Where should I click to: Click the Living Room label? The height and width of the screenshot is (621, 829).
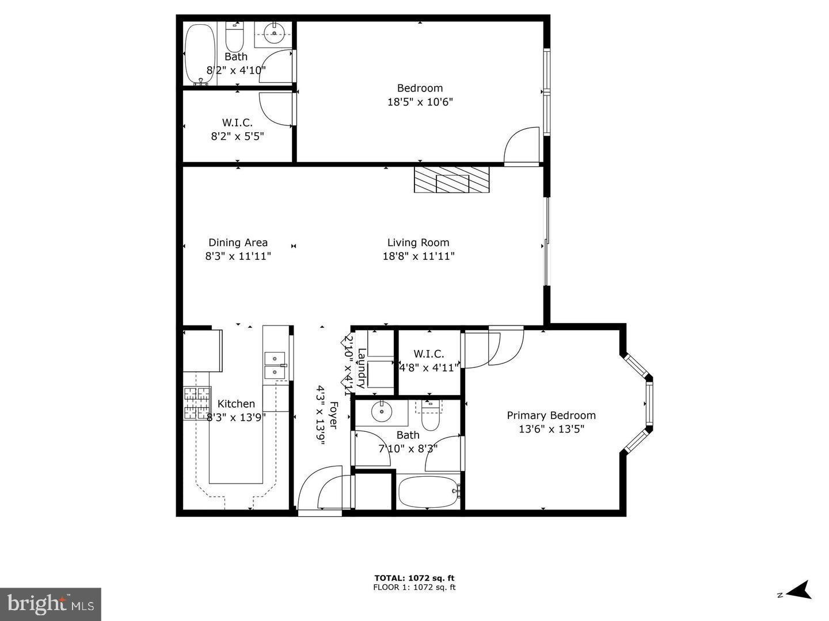pos(418,243)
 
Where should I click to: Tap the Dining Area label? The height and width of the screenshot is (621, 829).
pos(238,243)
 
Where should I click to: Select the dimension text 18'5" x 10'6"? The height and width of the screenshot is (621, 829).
pos(420,102)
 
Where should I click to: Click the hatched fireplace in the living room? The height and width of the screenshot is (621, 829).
pos(451,180)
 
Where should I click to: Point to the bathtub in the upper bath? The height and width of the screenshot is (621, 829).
pos(200,53)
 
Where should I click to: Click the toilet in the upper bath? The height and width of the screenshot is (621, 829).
pos(234,37)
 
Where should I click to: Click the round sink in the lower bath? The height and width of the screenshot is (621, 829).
pos(381,412)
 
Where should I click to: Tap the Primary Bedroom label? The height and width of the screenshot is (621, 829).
pos(551,415)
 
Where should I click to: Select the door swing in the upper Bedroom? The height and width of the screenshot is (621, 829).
pos(522,147)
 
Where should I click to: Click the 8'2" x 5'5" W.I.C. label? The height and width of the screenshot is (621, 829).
pos(237,129)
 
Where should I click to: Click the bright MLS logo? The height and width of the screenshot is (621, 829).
pos(51,604)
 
